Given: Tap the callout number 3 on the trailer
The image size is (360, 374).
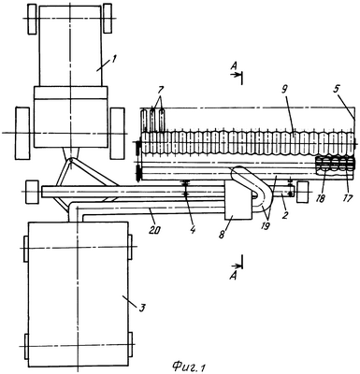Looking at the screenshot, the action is (141, 308).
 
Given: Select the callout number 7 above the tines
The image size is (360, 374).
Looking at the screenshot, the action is (160, 91).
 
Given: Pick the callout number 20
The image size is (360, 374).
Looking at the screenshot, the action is (156, 230).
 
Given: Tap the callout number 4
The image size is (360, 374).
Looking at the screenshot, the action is (193, 230).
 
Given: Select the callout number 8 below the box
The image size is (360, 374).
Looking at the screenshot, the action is (222, 235).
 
